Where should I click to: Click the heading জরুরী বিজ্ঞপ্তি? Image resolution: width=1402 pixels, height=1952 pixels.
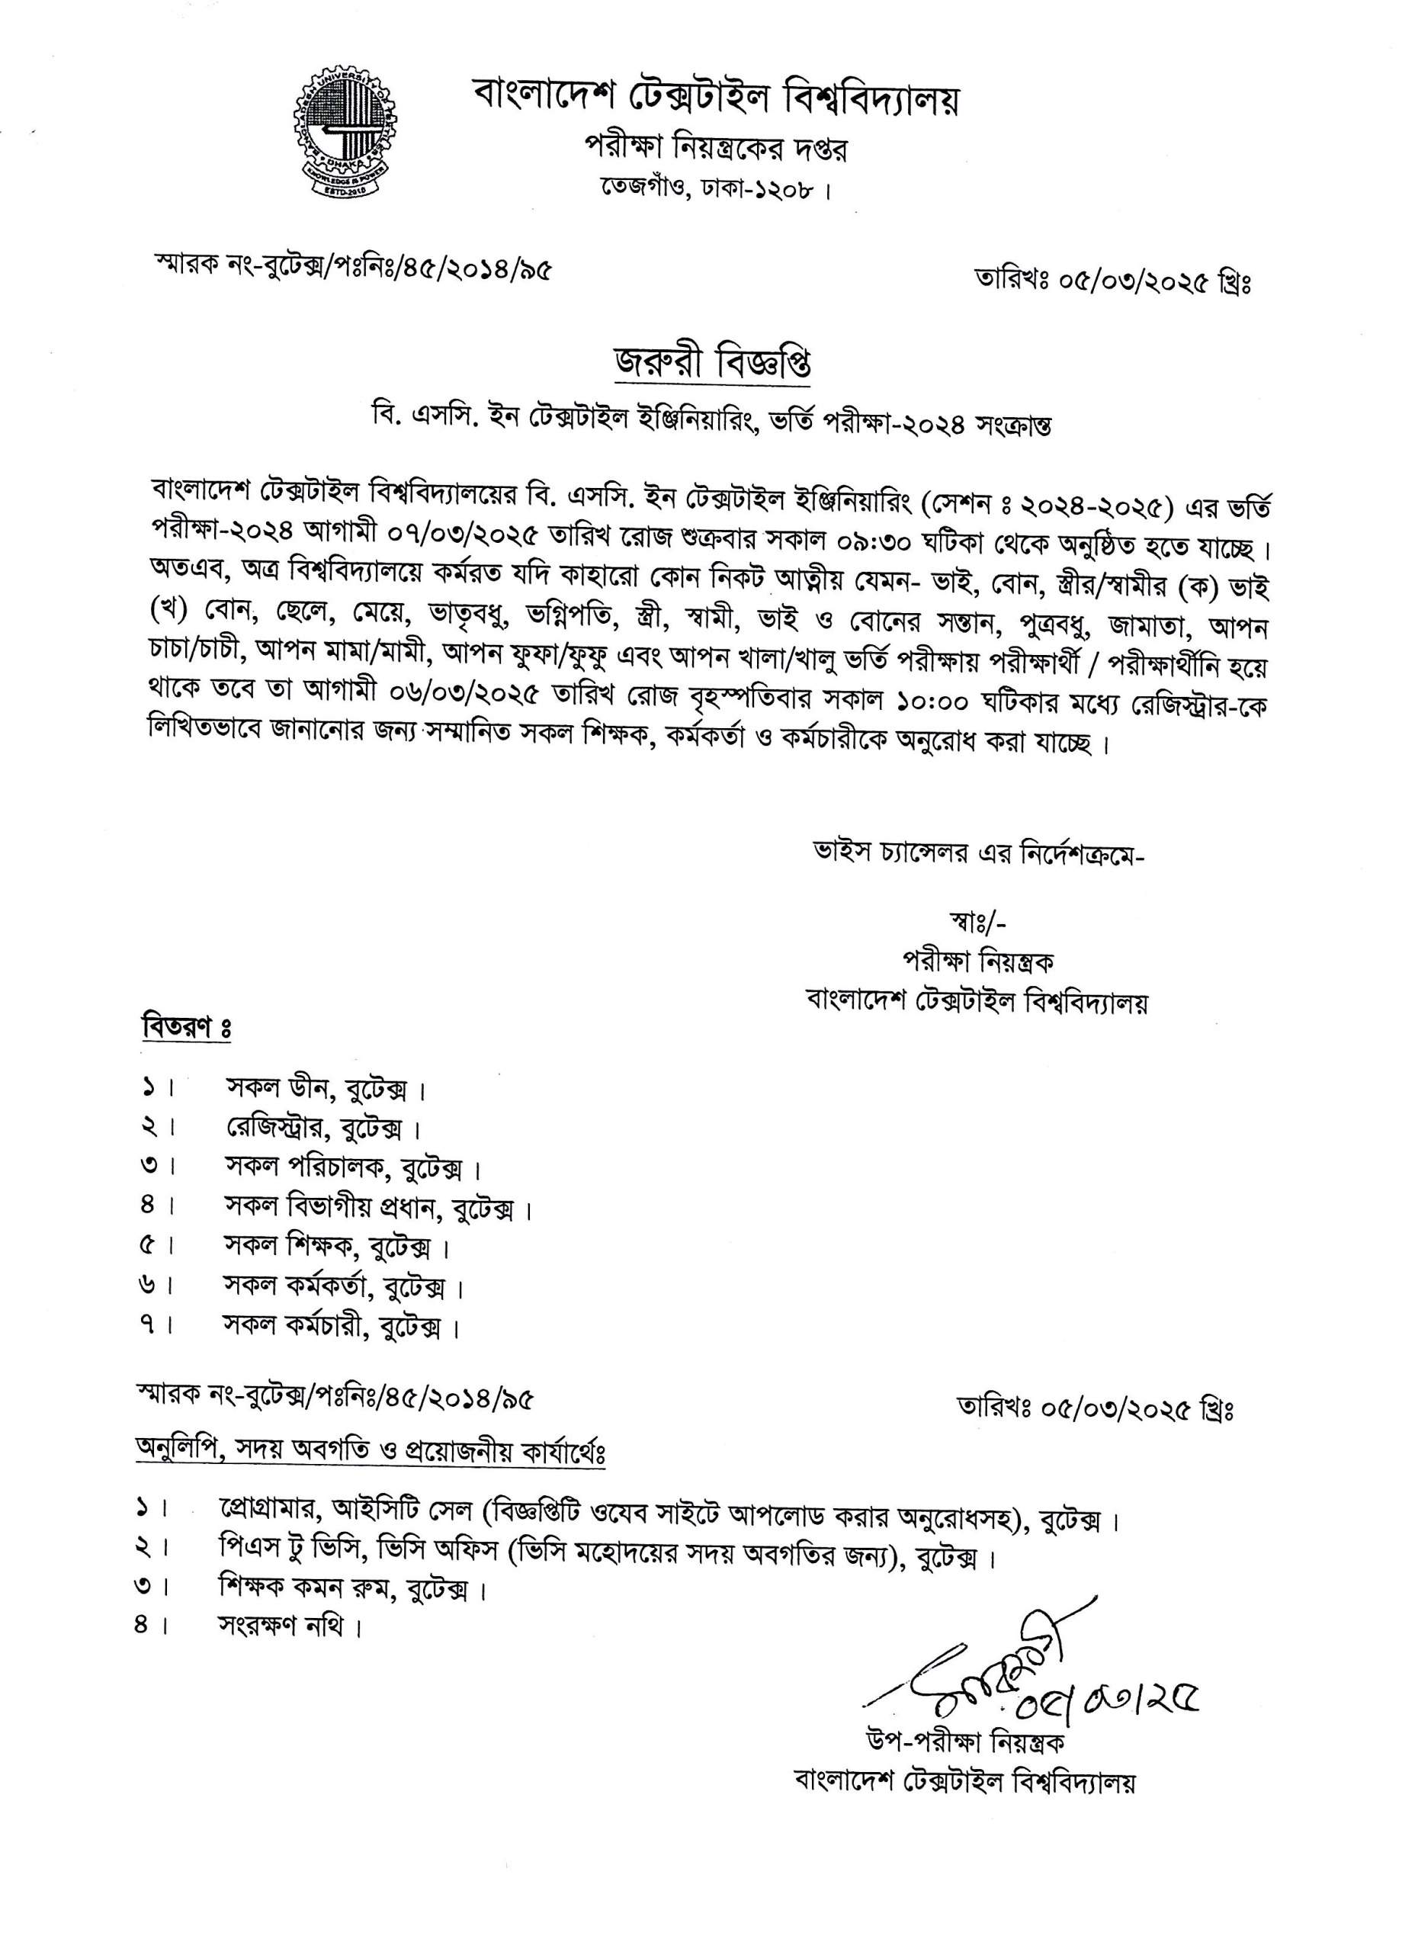712,363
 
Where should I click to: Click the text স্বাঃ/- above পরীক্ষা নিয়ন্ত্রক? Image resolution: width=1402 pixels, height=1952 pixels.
977,923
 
